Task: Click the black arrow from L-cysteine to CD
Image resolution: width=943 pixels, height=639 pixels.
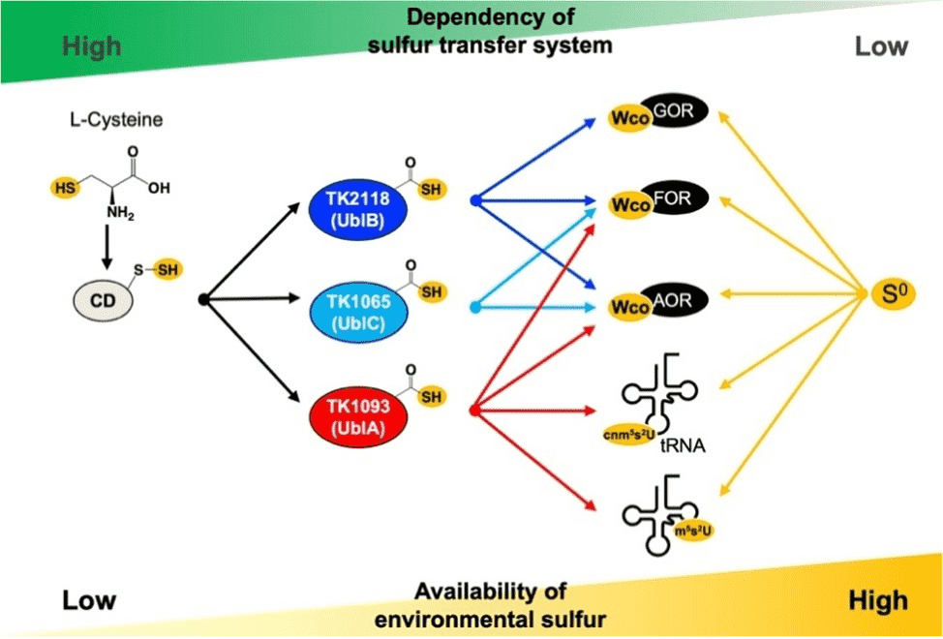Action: pos(105,248)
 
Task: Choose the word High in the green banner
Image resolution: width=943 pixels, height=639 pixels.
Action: pos(91,46)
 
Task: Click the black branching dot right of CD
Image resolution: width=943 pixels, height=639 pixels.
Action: pos(203,300)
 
